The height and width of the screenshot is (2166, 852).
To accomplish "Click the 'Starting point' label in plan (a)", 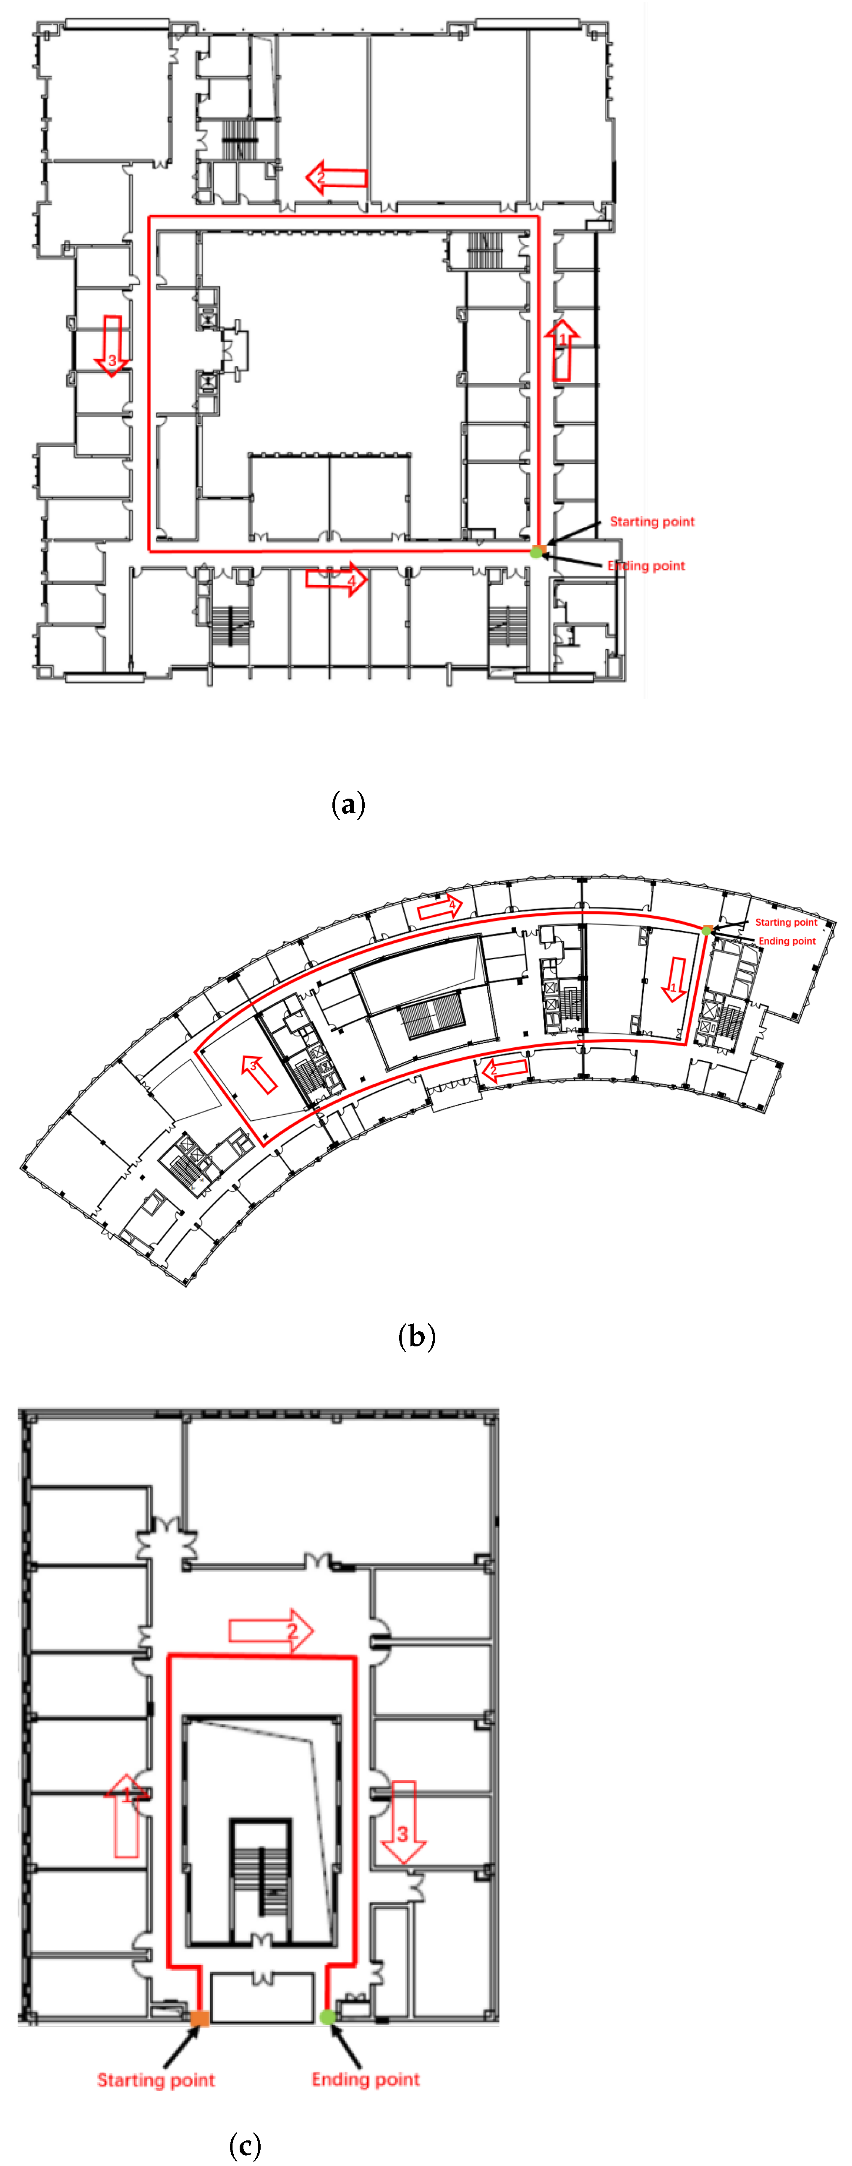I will (x=652, y=521).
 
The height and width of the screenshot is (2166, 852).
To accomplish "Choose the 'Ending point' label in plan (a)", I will (x=646, y=566).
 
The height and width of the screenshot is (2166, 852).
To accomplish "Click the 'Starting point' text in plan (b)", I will (x=786, y=922).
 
